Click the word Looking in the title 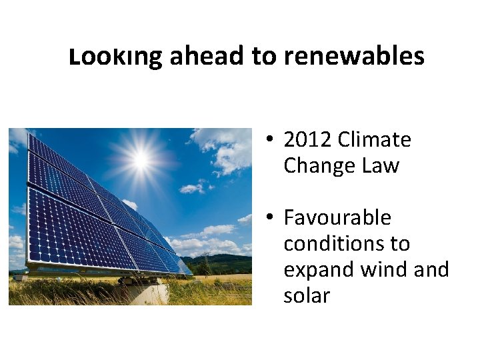115,57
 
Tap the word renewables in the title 353,57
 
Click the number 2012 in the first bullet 308,140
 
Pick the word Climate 375,140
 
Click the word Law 380,165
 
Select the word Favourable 337,217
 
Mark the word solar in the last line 307,295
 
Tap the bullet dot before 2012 268,141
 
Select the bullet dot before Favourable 268,218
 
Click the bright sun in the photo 140,159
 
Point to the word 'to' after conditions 400,243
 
